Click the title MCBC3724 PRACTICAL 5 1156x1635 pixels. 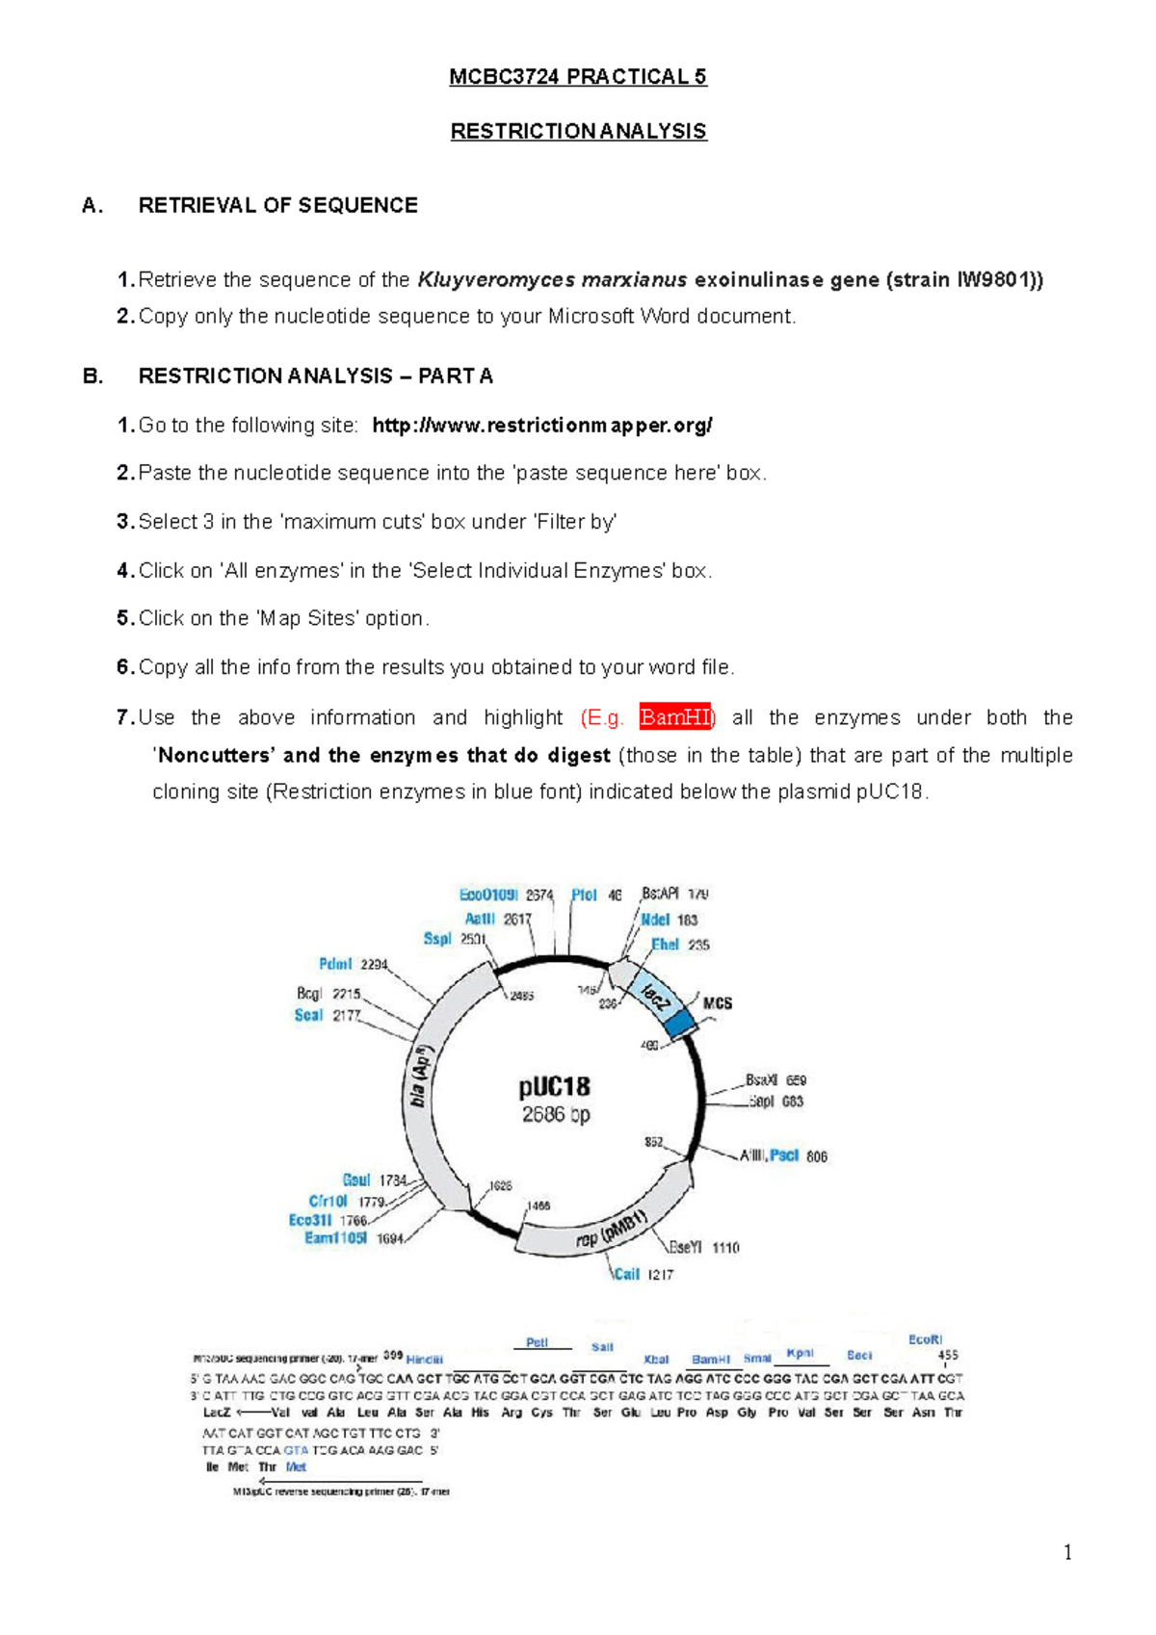(x=578, y=77)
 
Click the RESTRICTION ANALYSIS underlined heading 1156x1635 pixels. (x=578, y=131)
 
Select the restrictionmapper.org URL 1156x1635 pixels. (x=542, y=426)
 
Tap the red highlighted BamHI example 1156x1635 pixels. (x=674, y=717)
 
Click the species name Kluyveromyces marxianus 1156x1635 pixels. (x=552, y=280)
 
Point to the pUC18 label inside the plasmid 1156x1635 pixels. (x=554, y=1087)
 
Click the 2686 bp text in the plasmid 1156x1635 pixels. (x=556, y=1115)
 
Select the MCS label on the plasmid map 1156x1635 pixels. (x=718, y=1003)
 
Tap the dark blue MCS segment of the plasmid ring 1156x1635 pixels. (x=682, y=1024)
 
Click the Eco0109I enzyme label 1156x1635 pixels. (x=488, y=895)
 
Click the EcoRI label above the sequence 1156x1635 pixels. (x=925, y=1339)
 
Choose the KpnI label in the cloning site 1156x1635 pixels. (x=800, y=1353)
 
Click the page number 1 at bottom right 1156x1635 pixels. (x=1067, y=1552)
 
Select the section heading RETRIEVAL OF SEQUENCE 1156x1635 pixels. (x=277, y=205)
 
